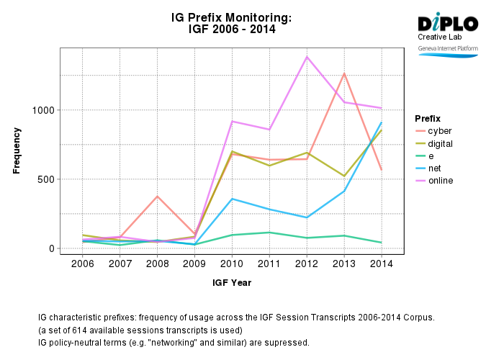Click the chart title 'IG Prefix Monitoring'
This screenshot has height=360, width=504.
click(232, 17)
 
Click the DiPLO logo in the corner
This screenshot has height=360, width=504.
click(447, 22)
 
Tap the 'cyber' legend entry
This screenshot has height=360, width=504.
click(440, 131)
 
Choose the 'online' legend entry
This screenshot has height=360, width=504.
click(441, 181)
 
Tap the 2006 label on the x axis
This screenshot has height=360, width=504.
click(83, 264)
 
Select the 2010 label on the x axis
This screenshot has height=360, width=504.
click(232, 264)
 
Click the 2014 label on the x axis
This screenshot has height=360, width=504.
click(381, 264)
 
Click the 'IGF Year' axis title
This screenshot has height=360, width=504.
click(232, 283)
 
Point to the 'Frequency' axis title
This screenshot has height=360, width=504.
click(17, 150)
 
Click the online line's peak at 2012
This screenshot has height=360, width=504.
click(307, 57)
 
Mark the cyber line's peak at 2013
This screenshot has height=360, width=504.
click(344, 73)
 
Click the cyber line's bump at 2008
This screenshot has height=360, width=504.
click(158, 197)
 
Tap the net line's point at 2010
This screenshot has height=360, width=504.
click(232, 199)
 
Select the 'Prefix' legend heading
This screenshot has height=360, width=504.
click(428, 118)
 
